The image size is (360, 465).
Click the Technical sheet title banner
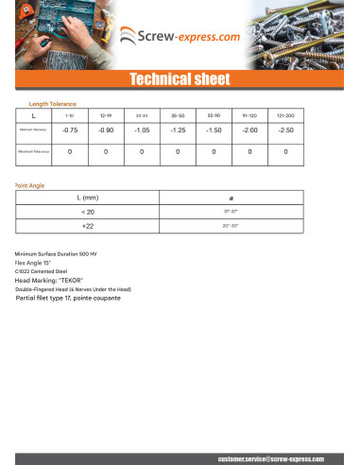coord(180,78)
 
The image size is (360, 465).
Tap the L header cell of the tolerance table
coord(33,114)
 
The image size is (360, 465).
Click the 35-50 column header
coord(177,114)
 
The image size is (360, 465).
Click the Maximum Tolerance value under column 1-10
coord(69,151)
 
